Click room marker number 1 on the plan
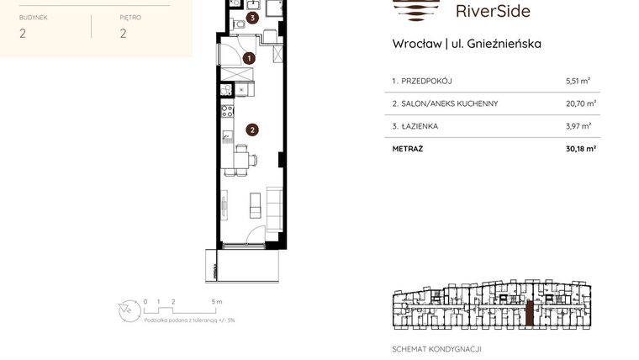[249, 58]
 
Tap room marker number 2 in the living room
[251, 130]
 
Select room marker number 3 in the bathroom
[253, 18]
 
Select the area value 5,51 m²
[578, 82]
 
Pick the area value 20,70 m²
[580, 103]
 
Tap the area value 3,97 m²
[578, 126]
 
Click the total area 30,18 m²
[579, 149]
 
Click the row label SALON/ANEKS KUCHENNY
[449, 103]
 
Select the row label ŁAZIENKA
[419, 126]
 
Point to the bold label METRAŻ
[408, 149]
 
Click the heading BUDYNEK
[33, 16]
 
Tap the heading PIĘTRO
[130, 16]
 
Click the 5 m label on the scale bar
[216, 301]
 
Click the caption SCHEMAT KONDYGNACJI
[436, 349]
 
